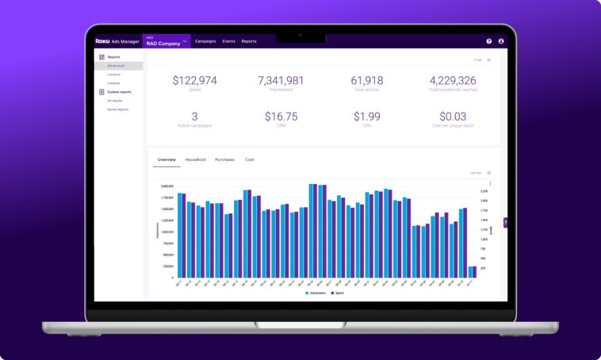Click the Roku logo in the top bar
pyautogui.click(x=103, y=40)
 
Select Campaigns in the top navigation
pyautogui.click(x=205, y=41)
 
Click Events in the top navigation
pyautogui.click(x=228, y=41)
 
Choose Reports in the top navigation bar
pyautogui.click(x=249, y=41)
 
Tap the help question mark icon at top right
pyautogui.click(x=489, y=41)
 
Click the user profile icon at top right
pyautogui.click(x=501, y=41)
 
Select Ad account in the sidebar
pyautogui.click(x=116, y=66)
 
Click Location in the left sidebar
pyautogui.click(x=114, y=75)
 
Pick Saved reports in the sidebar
pyautogui.click(x=117, y=109)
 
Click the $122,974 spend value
pyautogui.click(x=194, y=80)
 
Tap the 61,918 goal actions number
pyautogui.click(x=366, y=80)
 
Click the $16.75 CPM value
pyautogui.click(x=281, y=117)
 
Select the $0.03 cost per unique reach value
pyautogui.click(x=453, y=117)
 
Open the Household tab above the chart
pyautogui.click(x=195, y=159)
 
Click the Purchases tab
pyautogui.click(x=224, y=159)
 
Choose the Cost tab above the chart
pyautogui.click(x=250, y=159)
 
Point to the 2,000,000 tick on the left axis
pyautogui.click(x=167, y=186)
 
